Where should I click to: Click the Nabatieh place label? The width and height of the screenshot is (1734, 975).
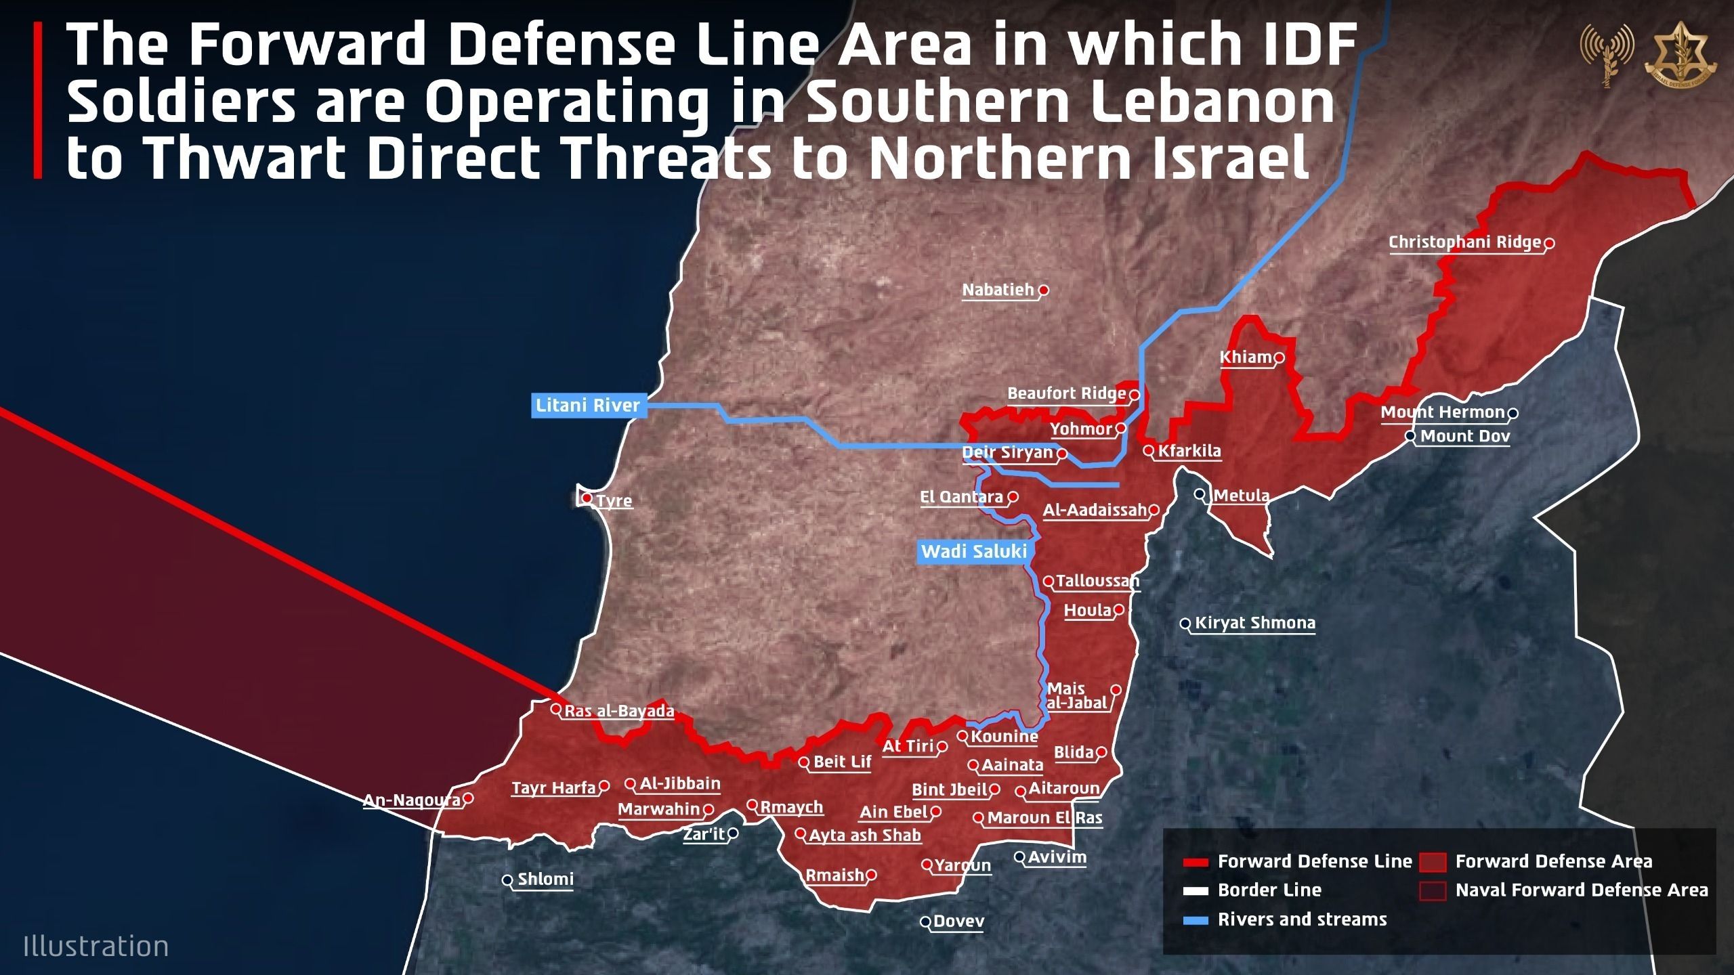[998, 290]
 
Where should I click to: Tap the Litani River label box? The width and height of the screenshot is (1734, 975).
[588, 406]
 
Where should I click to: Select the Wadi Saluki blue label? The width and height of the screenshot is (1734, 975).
[973, 552]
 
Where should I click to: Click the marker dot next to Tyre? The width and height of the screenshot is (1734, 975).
[587, 499]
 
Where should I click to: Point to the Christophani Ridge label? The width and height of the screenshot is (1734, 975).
[1464, 242]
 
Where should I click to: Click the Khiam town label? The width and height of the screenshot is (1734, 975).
[1246, 357]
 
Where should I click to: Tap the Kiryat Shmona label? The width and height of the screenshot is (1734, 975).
[1255, 623]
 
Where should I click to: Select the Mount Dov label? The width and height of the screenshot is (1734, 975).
[1465, 436]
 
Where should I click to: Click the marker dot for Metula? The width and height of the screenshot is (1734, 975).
[1200, 494]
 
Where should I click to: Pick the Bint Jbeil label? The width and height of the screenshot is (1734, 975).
[950, 789]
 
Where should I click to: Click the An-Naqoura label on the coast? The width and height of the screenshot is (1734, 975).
[412, 800]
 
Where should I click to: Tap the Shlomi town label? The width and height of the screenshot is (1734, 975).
[545, 880]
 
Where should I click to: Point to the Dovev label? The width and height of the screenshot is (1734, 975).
[958, 922]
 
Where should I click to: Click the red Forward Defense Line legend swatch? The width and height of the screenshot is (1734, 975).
[1196, 863]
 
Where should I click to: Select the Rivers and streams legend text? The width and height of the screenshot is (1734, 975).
[1302, 919]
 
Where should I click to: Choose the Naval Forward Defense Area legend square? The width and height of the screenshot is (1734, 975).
[1433, 890]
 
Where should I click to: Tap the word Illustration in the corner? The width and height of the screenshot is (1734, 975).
[96, 946]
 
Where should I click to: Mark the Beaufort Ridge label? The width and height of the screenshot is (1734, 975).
[1066, 394]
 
